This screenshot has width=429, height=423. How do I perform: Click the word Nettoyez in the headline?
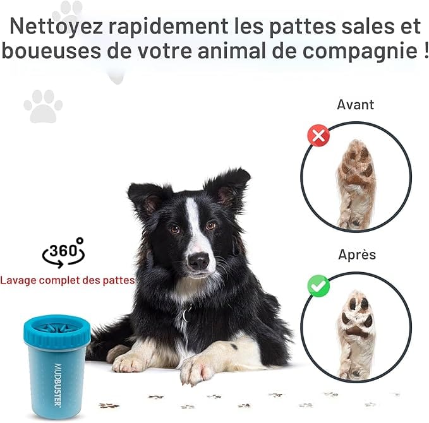(56, 27)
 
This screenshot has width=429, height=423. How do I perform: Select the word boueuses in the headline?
(51, 51)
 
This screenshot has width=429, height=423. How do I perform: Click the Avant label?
(356, 104)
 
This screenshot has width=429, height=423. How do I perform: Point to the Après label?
(357, 254)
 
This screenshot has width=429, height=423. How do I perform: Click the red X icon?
(318, 135)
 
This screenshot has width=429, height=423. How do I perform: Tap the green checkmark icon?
(318, 286)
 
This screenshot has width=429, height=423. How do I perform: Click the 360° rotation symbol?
(63, 253)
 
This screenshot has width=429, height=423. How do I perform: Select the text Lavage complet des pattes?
(68, 280)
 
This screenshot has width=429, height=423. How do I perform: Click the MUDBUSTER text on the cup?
(57, 385)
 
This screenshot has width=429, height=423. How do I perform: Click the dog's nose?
(199, 260)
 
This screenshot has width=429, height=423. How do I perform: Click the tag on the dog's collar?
(188, 314)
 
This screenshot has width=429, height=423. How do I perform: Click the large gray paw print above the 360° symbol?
(43, 106)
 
